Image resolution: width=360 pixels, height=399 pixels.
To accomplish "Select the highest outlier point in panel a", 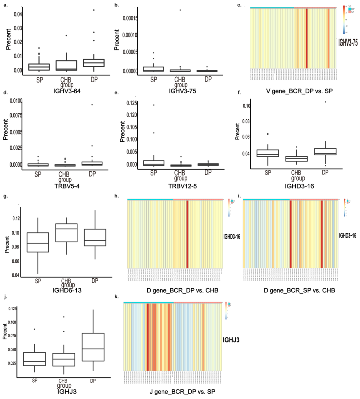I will (x=94, y=10).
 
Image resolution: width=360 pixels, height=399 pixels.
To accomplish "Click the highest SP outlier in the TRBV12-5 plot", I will (x=153, y=105).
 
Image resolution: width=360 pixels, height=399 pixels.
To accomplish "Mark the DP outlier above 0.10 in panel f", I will (x=325, y=102).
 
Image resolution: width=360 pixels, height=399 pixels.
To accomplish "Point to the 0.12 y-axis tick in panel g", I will (x=14, y=218).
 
